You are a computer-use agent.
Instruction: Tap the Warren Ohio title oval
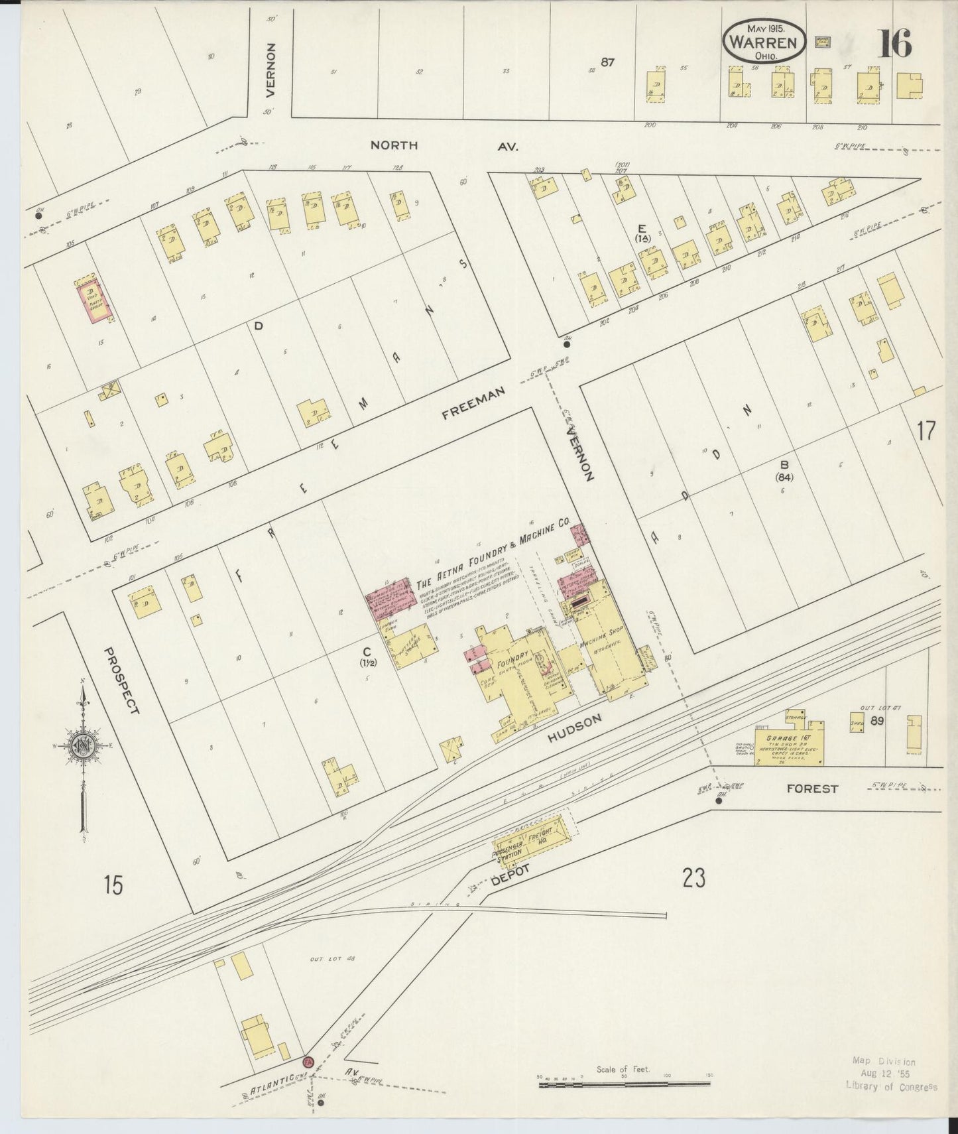click(x=764, y=42)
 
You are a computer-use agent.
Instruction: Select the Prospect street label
click(x=123, y=680)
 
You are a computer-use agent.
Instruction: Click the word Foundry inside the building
click(x=507, y=664)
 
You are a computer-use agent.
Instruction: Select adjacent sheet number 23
click(x=694, y=878)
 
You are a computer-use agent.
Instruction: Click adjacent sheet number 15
click(x=113, y=885)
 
